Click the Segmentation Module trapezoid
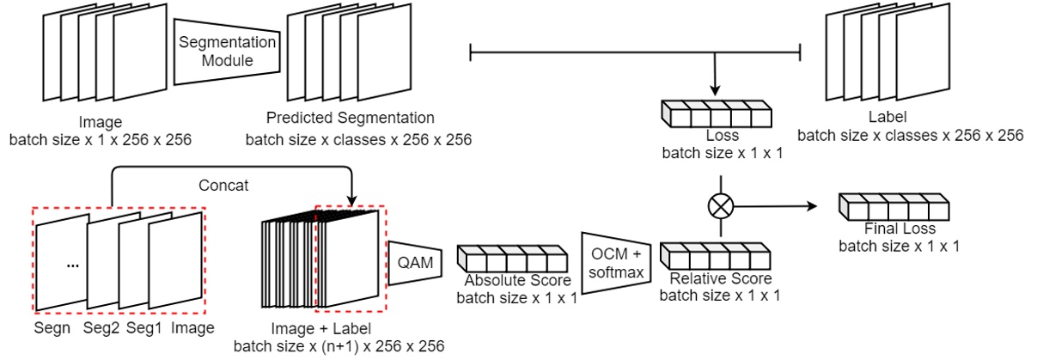pyautogui.click(x=227, y=51)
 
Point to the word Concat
pyautogui.click(x=224, y=186)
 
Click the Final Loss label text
pyautogui.click(x=898, y=229)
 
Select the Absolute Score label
pyautogui.click(x=512, y=280)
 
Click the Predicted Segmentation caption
pyautogui.click(x=350, y=118)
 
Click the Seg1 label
pyautogui.click(x=143, y=327)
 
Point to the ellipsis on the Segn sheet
pyautogui.click(x=73, y=265)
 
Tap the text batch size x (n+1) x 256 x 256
pyautogui.click(x=339, y=346)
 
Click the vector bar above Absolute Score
pyautogui.click(x=513, y=258)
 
